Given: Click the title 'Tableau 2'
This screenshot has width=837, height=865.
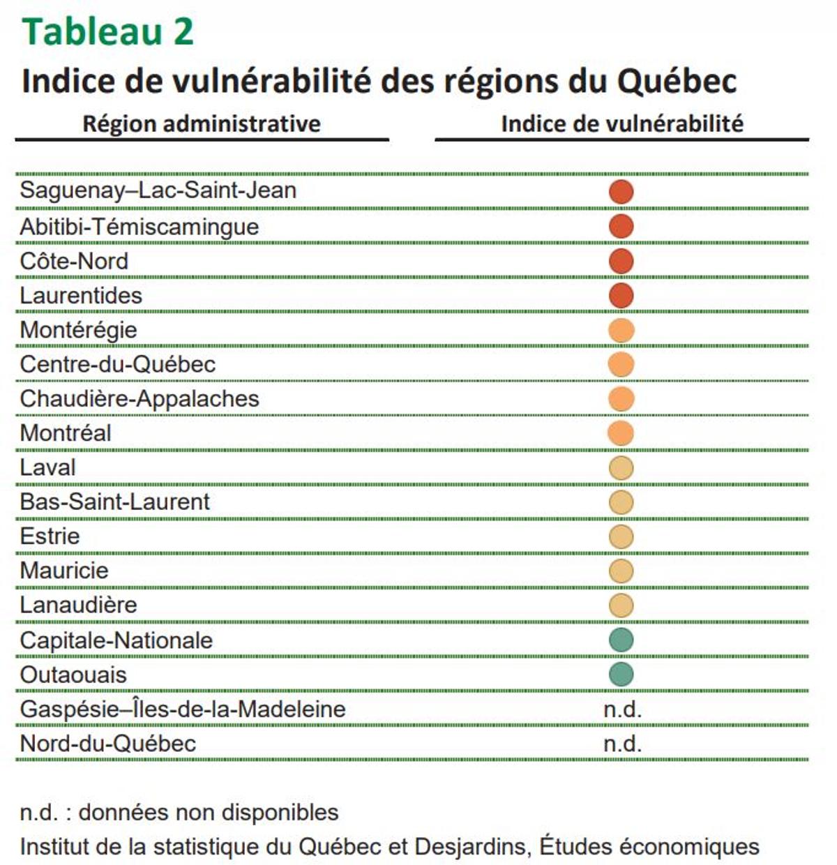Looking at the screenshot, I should (107, 32).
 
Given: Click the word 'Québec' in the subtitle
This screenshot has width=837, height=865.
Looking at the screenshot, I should (676, 81).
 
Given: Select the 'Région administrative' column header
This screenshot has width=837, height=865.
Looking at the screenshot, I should (202, 124).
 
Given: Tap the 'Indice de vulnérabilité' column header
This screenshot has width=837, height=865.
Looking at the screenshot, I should (621, 124).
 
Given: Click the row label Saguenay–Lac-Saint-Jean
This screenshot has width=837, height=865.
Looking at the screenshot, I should (158, 190).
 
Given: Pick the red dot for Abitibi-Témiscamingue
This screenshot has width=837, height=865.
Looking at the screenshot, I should (621, 226).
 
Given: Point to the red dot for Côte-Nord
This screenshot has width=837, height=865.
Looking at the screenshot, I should (621, 261).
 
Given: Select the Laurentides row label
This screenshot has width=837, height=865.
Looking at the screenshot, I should (81, 296).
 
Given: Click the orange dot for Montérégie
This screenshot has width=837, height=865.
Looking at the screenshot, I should (621, 330).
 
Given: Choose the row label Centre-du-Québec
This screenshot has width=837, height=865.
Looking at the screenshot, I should (118, 364).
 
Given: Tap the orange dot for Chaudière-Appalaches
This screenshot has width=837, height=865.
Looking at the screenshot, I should (621, 399).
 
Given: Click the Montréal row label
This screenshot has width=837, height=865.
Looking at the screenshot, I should (66, 433).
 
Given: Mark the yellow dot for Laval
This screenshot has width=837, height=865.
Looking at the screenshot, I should (621, 467).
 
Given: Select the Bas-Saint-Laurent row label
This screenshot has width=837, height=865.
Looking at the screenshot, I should (115, 502).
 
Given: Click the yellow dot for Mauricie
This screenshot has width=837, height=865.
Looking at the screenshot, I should (621, 571).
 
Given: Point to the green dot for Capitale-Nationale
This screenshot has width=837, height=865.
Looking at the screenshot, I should (621, 640).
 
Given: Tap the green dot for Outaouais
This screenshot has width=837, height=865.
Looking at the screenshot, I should (621, 674).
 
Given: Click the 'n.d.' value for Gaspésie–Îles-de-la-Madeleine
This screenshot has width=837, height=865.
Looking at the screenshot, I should (622, 709).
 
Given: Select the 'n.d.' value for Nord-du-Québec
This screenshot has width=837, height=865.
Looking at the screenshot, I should (622, 744).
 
